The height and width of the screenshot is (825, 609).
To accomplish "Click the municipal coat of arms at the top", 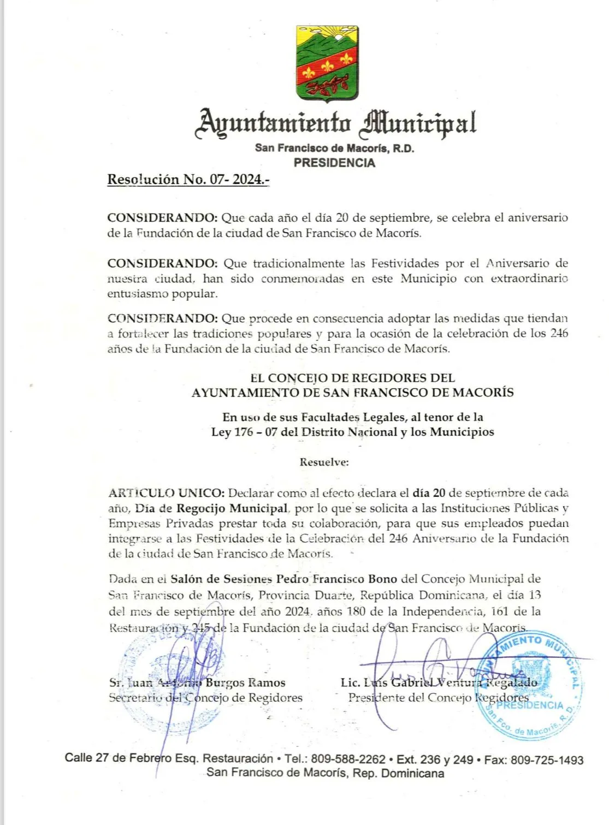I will [327, 63].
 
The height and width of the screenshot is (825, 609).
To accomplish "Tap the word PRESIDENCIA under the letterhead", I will [334, 163].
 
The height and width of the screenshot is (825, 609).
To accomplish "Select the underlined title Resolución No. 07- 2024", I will [188, 180].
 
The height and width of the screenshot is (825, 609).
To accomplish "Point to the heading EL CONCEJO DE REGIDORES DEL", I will [352, 378].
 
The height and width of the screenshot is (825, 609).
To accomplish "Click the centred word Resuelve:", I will [324, 462].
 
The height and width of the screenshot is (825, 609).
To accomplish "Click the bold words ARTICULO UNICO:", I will [166, 493].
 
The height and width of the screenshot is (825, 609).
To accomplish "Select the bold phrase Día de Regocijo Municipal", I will [211, 508].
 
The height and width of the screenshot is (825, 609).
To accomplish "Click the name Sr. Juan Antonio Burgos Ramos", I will [197, 682].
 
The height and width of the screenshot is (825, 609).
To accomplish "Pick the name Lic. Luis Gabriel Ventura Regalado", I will [439, 682].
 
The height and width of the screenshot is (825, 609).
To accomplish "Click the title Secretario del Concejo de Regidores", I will [205, 698].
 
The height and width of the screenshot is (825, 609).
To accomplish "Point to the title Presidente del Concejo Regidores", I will [439, 698].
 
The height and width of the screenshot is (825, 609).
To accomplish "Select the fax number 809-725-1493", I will [547, 760].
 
